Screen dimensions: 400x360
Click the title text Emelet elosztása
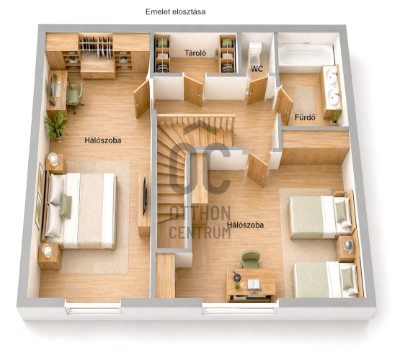tap(175, 12)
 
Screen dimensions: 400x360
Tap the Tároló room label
tap(195, 53)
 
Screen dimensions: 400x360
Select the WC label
tap(257, 69)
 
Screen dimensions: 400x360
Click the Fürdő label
tap(305, 117)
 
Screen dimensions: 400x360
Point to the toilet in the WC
tap(255, 53)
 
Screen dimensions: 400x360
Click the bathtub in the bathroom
tap(306, 55)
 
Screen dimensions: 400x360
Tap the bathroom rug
tap(304, 99)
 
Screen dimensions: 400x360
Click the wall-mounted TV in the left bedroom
tap(144, 196)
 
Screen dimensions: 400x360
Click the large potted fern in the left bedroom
tap(56, 127)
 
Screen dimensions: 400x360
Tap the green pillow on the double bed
tap(66, 205)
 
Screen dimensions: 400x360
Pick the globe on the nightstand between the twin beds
tap(348, 246)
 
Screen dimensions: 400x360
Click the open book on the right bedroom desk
tap(254, 284)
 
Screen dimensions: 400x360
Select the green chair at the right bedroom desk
tap(251, 259)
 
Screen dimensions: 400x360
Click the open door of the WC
tap(257, 91)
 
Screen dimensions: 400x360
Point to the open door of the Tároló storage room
tap(193, 91)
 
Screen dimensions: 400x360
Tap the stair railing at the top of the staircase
tap(196, 122)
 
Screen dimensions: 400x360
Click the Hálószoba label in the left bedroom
tap(103, 140)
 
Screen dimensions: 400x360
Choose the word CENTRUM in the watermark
tap(200, 232)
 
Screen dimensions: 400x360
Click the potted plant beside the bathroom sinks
tap(336, 116)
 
